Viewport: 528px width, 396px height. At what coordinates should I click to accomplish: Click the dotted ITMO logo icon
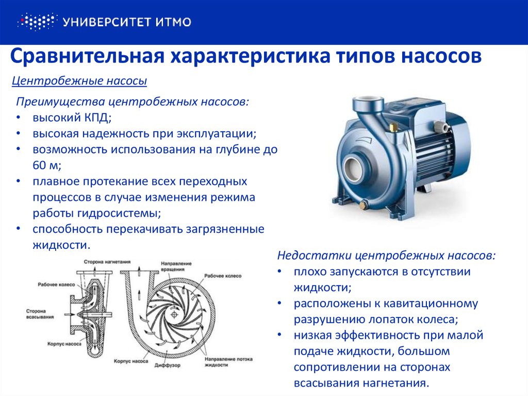point(37,22)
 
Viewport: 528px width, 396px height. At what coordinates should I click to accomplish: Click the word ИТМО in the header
point(173,22)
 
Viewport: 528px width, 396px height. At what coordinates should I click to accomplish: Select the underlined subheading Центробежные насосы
point(79,81)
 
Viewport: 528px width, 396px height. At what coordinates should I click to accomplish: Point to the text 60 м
point(45,165)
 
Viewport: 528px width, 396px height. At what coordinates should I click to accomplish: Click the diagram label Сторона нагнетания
point(107,262)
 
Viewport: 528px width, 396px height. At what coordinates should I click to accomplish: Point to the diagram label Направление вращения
point(176,266)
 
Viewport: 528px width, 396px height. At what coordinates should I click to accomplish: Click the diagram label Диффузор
point(168,366)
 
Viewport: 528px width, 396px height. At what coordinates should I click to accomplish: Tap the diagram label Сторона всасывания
point(40,314)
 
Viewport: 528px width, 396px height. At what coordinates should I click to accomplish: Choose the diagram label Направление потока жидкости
point(228,362)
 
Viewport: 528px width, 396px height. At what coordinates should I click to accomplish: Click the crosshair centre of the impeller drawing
point(174,315)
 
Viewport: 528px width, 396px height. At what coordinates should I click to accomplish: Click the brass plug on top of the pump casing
point(392,128)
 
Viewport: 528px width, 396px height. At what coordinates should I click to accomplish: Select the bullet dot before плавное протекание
point(19,181)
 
